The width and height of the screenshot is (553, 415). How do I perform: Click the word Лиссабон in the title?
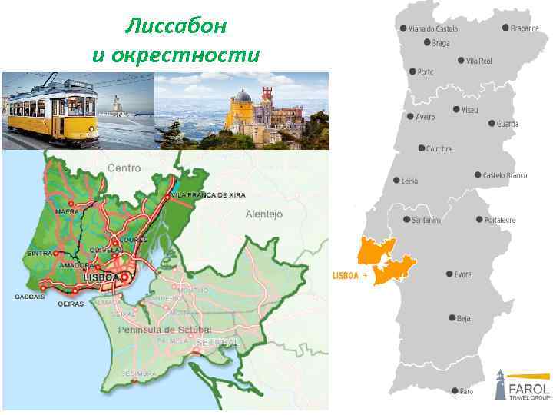click(x=176, y=26)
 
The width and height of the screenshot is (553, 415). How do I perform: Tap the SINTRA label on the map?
click(x=39, y=253)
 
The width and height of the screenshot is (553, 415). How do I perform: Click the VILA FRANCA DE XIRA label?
click(x=208, y=196)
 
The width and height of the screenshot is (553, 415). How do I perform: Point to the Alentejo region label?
click(x=264, y=214)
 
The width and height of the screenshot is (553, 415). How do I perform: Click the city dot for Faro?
click(x=454, y=390)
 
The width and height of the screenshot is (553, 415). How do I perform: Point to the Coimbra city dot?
click(x=420, y=148)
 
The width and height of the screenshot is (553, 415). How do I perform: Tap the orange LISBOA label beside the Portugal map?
click(x=346, y=275)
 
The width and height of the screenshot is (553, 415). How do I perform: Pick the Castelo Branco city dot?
click(x=478, y=175)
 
